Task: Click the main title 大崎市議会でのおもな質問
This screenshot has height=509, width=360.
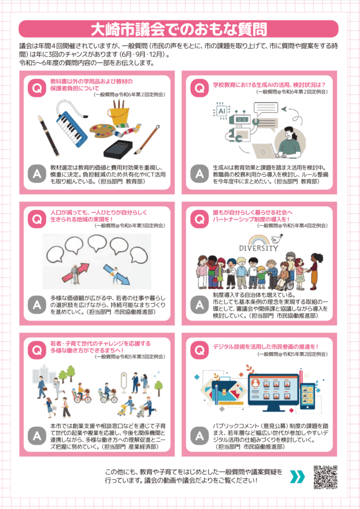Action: pos(179,29)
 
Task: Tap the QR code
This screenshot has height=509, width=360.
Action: pos(325,477)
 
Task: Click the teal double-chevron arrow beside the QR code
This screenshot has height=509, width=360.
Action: pos(297,477)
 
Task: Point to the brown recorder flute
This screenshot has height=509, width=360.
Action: pos(48,136)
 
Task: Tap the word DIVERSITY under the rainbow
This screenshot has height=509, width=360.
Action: pos(259,249)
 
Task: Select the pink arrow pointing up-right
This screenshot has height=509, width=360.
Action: pos(75,273)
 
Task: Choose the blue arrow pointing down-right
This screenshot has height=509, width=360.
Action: pos(116,274)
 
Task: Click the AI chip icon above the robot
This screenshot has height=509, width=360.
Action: pos(222,111)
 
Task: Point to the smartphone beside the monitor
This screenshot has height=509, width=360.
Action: pos(307,396)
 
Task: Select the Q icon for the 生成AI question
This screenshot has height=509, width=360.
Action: pos(199,88)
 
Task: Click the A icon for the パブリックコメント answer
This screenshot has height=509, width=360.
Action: pos(199,435)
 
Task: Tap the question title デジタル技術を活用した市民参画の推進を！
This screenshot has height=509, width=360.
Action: pos(266,346)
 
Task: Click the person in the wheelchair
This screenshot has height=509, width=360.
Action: pos(285,276)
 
